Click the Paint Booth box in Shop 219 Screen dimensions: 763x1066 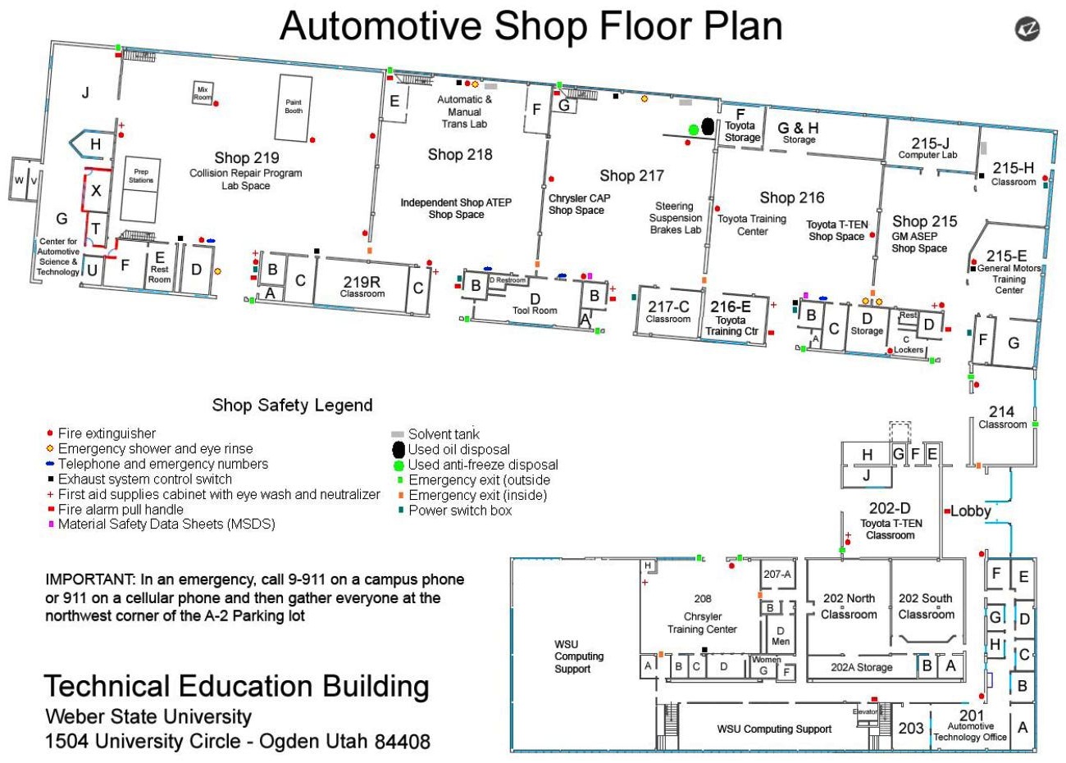[x=294, y=107]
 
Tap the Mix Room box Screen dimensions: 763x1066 [x=202, y=93]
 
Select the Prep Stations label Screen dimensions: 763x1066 [x=141, y=176]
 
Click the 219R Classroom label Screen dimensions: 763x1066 [x=362, y=286]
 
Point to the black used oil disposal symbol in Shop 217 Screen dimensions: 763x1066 [x=708, y=125]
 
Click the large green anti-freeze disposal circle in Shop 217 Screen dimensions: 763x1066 [x=693, y=129]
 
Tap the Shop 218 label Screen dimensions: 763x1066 [x=460, y=154]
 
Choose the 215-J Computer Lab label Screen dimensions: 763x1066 [x=927, y=148]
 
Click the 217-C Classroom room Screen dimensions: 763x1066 [x=667, y=311]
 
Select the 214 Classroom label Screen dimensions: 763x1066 [x=1002, y=417]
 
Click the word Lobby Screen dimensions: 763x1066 [x=971, y=511]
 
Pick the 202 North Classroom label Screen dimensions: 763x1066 [x=849, y=606]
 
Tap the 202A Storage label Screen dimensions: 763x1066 [x=861, y=667]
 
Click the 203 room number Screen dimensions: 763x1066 [x=911, y=728]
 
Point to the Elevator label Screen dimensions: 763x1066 [x=865, y=711]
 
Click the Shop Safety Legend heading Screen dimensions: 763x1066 [x=292, y=405]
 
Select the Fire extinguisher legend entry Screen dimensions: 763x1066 [x=107, y=434]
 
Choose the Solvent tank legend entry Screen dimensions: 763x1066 [x=444, y=434]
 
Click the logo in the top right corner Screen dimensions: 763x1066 [x=1027, y=30]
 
